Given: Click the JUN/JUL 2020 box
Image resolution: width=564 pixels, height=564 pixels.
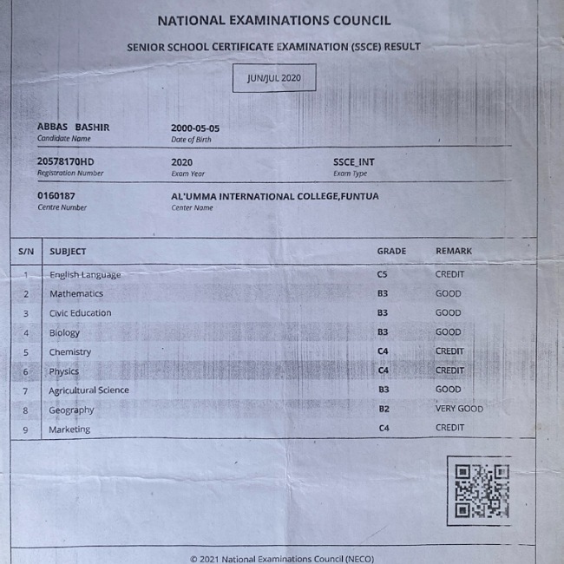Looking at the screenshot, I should click(273, 78).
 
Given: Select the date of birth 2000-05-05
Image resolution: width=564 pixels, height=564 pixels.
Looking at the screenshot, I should click(195, 128).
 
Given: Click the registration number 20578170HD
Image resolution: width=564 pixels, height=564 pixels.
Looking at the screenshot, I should click(65, 162).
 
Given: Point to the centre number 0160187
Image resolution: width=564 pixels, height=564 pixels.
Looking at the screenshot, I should click(56, 196).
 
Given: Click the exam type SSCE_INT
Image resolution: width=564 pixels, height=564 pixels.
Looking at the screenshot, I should click(354, 162).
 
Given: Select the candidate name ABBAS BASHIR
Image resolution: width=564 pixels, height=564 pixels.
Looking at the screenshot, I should click(73, 128).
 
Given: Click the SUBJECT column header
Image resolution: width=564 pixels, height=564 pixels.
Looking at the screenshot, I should click(68, 252).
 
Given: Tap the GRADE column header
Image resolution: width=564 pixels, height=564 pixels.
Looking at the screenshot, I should click(391, 252).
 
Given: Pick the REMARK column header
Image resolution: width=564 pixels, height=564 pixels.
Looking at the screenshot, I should click(454, 252).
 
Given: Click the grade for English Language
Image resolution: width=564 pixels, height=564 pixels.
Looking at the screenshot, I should click(383, 274).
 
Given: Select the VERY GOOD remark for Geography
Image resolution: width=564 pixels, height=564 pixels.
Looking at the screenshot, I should click(459, 409).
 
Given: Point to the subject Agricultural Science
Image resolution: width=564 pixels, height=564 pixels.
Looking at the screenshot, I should click(89, 390).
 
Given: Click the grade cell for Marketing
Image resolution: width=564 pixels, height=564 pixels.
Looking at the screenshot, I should click(384, 429).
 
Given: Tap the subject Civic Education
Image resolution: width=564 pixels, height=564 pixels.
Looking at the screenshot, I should click(80, 313).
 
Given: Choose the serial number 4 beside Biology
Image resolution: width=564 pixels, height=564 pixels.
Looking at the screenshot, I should click(26, 333).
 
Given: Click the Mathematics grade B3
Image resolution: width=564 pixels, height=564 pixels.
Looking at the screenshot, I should click(383, 294).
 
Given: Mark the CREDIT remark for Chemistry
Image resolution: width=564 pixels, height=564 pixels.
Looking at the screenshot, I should click(449, 351).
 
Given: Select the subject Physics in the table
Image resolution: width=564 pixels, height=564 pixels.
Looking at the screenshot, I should click(63, 371).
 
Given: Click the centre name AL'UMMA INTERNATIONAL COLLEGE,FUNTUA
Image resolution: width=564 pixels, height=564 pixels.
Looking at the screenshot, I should click(275, 196).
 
